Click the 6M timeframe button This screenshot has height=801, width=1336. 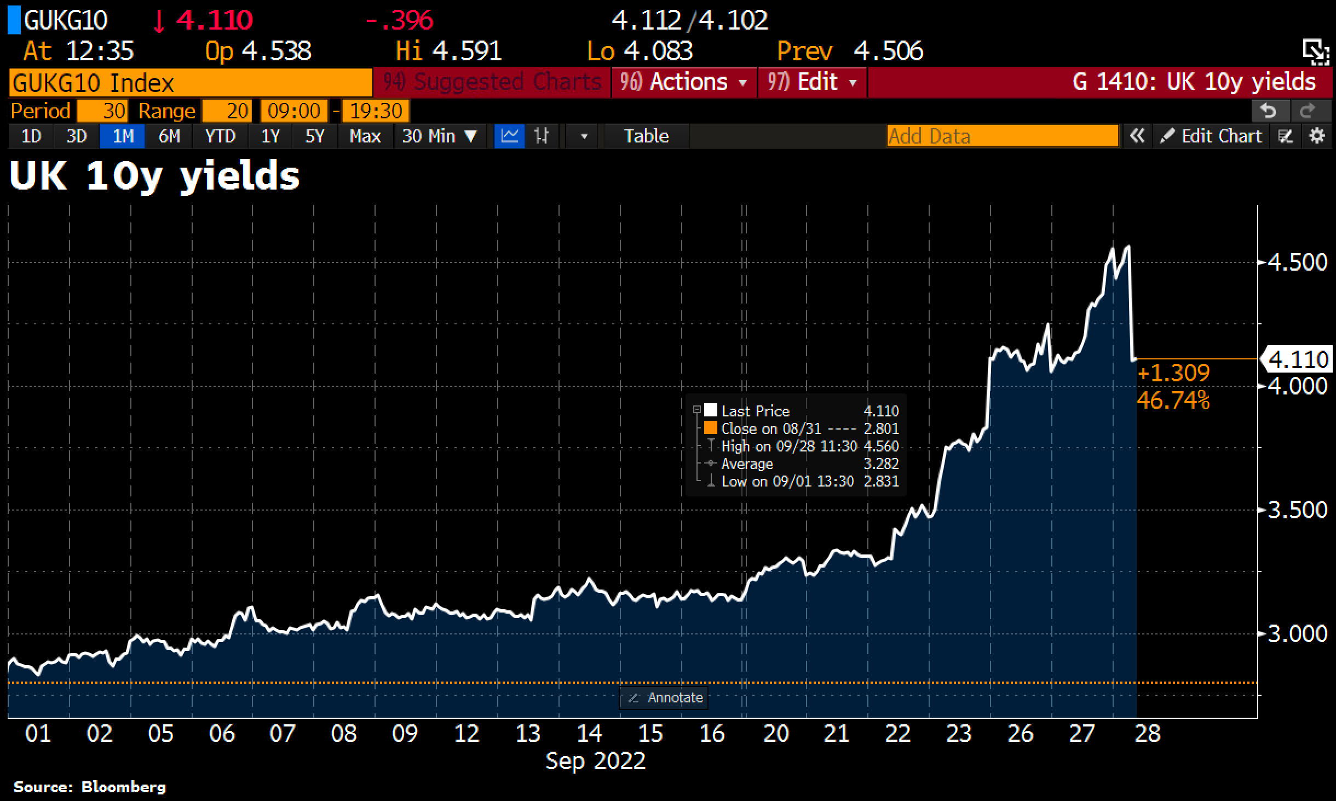(x=169, y=136)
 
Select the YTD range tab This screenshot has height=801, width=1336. (x=220, y=136)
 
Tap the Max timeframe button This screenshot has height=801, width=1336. (x=365, y=136)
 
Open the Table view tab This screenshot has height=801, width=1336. (x=646, y=136)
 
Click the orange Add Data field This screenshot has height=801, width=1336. (x=1002, y=136)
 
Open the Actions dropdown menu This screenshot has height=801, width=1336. (x=684, y=82)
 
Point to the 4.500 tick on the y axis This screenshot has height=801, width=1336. (x=1297, y=262)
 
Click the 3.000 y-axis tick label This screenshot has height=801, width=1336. (x=1297, y=634)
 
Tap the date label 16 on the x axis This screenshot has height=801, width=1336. (x=712, y=734)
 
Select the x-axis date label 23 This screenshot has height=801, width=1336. (x=959, y=734)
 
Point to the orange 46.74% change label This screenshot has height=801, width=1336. (x=1173, y=401)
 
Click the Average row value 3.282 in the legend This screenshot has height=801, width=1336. (x=881, y=464)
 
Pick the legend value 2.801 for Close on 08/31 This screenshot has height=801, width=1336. (x=881, y=429)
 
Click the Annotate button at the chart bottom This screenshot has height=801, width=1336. (x=664, y=698)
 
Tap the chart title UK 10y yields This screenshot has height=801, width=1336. (x=154, y=176)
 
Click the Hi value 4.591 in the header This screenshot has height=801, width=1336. (x=467, y=52)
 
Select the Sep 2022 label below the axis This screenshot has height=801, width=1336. (x=596, y=761)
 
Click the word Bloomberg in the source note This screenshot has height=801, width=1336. (x=123, y=787)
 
